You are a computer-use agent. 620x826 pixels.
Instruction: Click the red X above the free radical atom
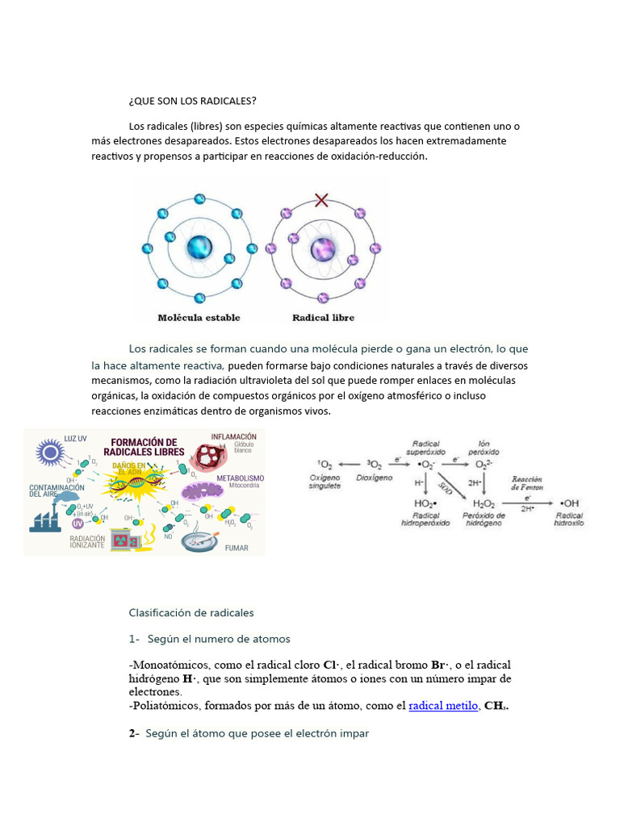[322, 199]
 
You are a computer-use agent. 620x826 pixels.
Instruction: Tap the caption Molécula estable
[199, 318]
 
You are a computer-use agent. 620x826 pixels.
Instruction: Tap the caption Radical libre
[323, 318]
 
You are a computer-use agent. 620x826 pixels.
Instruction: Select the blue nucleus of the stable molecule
[199, 248]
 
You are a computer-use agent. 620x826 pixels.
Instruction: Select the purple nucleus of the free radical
[322, 248]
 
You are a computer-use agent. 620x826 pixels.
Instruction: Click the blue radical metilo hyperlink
[443, 706]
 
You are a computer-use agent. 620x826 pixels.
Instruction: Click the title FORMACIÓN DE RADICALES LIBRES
[144, 448]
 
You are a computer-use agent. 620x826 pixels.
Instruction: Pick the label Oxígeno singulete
[325, 482]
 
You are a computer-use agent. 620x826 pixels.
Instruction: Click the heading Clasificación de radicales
[191, 612]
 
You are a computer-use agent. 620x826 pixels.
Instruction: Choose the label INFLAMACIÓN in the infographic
[234, 436]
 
